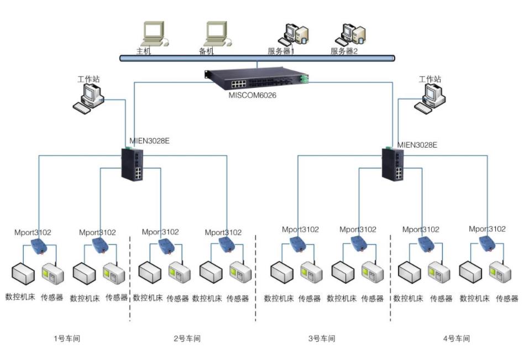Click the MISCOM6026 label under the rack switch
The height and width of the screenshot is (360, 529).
point(253,95)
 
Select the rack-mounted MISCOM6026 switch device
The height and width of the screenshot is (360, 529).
point(255,79)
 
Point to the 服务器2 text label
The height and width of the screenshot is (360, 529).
point(344,51)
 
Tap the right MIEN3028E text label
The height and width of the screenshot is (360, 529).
point(417,145)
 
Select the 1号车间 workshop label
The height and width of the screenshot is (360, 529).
point(67,338)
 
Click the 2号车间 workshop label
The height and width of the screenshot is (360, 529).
point(187,338)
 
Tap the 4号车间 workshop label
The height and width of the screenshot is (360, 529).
point(457,338)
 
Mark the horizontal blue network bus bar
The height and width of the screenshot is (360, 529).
point(257,58)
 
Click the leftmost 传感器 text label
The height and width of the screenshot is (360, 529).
point(53,297)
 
